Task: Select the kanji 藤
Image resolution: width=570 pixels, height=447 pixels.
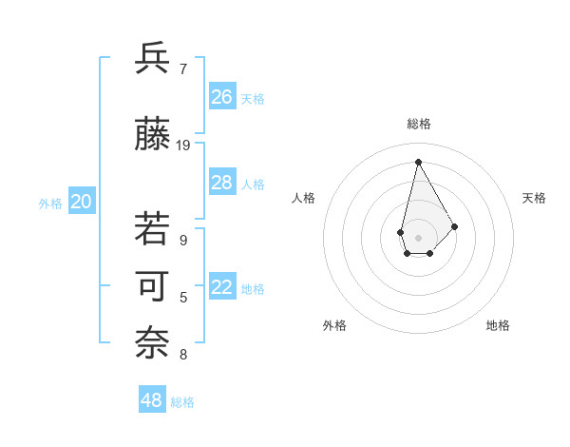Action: (x=154, y=134)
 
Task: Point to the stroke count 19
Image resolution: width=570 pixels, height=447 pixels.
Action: (x=183, y=146)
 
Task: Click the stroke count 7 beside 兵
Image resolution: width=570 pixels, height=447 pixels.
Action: (x=183, y=68)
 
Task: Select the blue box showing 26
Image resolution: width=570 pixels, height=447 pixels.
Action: (x=222, y=97)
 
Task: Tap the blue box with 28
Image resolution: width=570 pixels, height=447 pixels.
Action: (x=222, y=183)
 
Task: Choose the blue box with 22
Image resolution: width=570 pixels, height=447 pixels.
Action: (x=222, y=287)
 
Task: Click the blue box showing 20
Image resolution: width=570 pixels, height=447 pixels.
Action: (x=81, y=202)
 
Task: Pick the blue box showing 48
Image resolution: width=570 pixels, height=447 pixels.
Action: (x=152, y=400)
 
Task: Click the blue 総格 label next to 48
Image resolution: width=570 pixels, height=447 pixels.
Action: (x=182, y=402)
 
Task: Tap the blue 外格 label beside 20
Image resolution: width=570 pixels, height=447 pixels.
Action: (x=50, y=204)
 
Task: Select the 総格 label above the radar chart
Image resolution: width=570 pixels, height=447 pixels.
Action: (x=419, y=124)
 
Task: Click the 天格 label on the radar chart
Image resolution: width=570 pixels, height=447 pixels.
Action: (x=534, y=198)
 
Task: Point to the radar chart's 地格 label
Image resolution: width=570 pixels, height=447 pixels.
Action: (x=498, y=325)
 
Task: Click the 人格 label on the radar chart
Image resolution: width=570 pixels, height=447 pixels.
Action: (x=304, y=198)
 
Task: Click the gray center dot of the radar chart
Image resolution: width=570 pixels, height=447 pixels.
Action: (x=418, y=236)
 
